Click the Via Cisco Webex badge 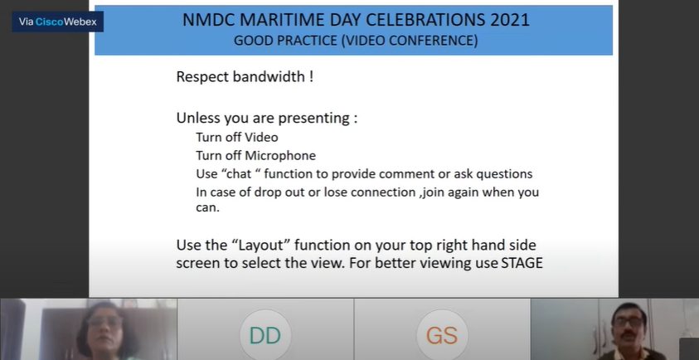[57, 22]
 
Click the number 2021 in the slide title [499, 20]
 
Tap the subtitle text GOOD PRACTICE [281, 41]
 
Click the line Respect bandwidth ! [245, 77]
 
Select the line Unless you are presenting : [266, 118]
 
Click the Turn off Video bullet [237, 137]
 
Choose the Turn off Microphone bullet [255, 155]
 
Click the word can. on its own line [207, 208]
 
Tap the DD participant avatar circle [265, 336]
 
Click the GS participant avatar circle [442, 336]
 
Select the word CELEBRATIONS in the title [400, 20]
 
